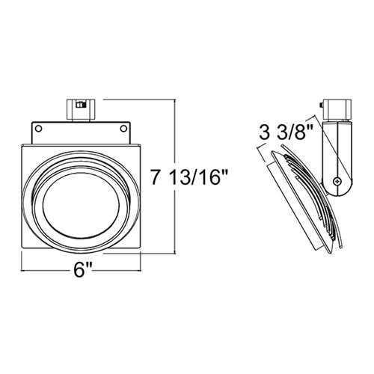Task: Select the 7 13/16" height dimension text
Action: pos(188,177)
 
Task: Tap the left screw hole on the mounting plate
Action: pos(38,129)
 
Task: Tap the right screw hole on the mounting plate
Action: pos(123,129)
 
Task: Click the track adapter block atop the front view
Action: pos(81,109)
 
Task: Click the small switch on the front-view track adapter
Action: pos(82,105)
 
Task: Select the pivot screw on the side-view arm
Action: pos(337,181)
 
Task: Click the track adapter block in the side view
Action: pos(337,109)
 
